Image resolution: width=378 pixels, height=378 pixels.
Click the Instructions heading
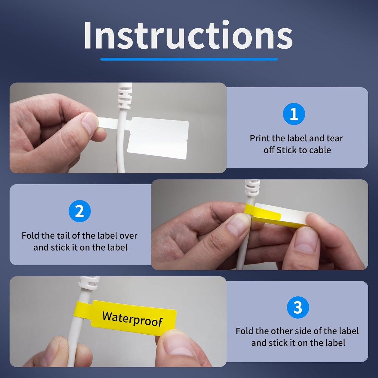[x=188, y=36]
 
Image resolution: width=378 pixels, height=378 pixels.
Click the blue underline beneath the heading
[x=189, y=59]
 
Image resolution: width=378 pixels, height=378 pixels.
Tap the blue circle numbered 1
[x=294, y=114]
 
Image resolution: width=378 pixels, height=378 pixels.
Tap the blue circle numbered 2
[x=80, y=211]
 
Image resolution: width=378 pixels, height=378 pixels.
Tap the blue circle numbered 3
[x=298, y=307]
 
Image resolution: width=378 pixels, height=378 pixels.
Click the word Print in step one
[x=259, y=138]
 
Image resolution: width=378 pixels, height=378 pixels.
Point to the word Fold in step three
[x=245, y=331]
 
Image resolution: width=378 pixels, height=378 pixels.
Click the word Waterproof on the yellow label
[x=132, y=319]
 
